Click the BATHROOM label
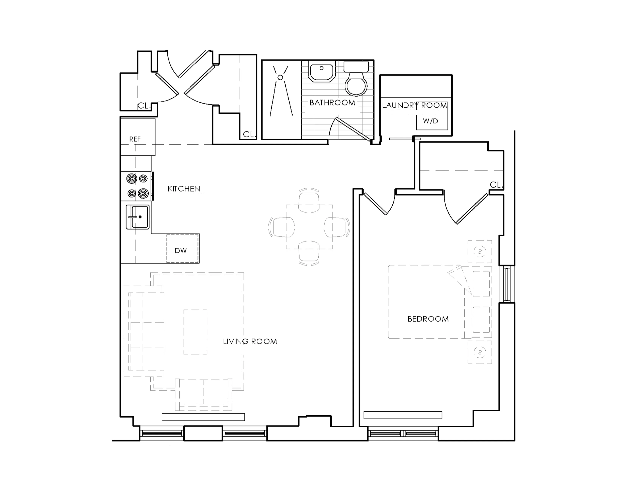[x=332, y=102]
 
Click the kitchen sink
[x=138, y=217]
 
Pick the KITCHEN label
[x=184, y=189]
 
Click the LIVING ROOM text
[x=250, y=341]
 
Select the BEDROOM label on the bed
[x=428, y=319]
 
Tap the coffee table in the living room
[x=195, y=332]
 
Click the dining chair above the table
[x=309, y=202]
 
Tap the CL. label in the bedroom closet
[x=496, y=185]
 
